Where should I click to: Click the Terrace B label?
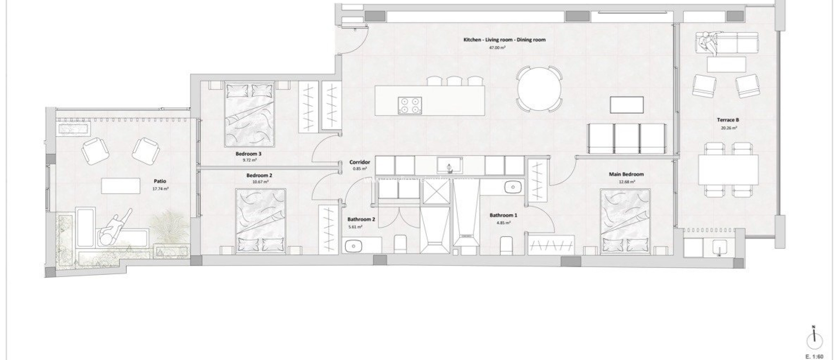(x=728, y=120)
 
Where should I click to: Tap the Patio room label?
(x=160, y=181)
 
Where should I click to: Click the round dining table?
(x=538, y=89)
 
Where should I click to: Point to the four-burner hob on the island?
(x=410, y=105)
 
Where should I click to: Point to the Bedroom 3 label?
(x=248, y=154)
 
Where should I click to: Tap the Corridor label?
(x=360, y=162)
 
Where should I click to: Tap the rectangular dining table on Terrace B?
(x=728, y=170)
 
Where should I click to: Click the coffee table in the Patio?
(x=121, y=186)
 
